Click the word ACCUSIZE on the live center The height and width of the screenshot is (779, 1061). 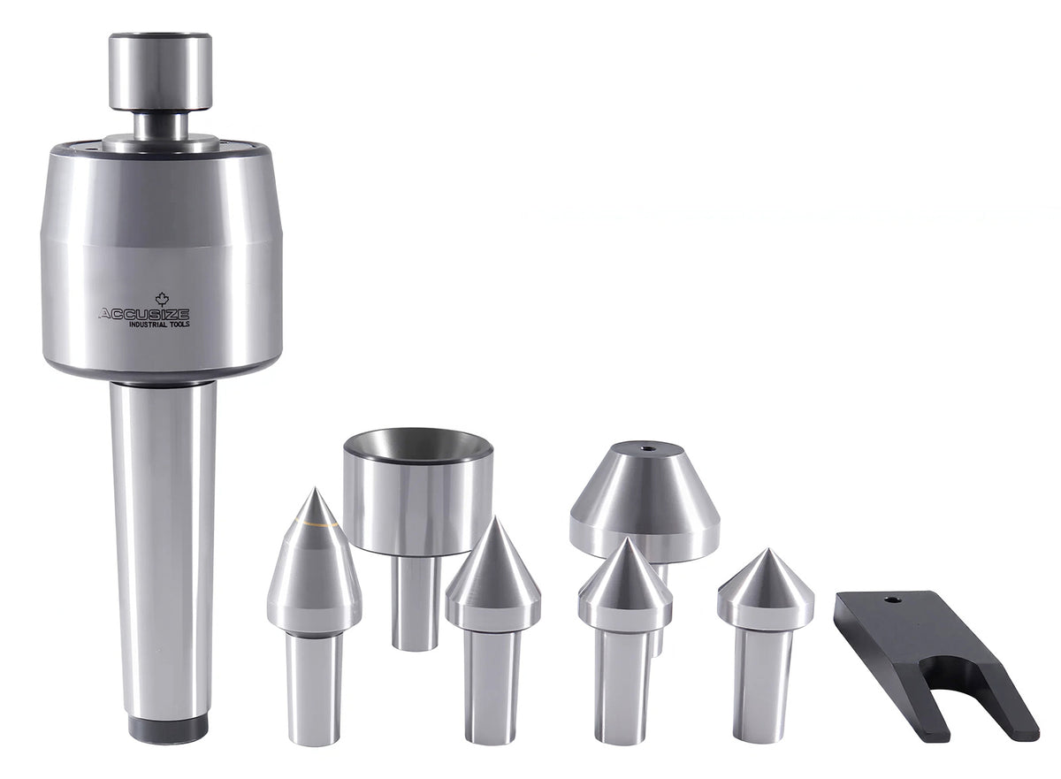point(144,314)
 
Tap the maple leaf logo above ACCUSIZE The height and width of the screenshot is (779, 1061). point(163,299)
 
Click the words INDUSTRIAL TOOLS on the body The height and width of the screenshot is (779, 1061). point(160,325)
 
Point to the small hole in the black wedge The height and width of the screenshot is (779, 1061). point(892,600)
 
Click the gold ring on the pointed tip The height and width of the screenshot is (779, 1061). point(315,523)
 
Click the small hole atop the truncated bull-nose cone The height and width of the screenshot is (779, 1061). point(647,447)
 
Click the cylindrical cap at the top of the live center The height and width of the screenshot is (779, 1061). point(160,71)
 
